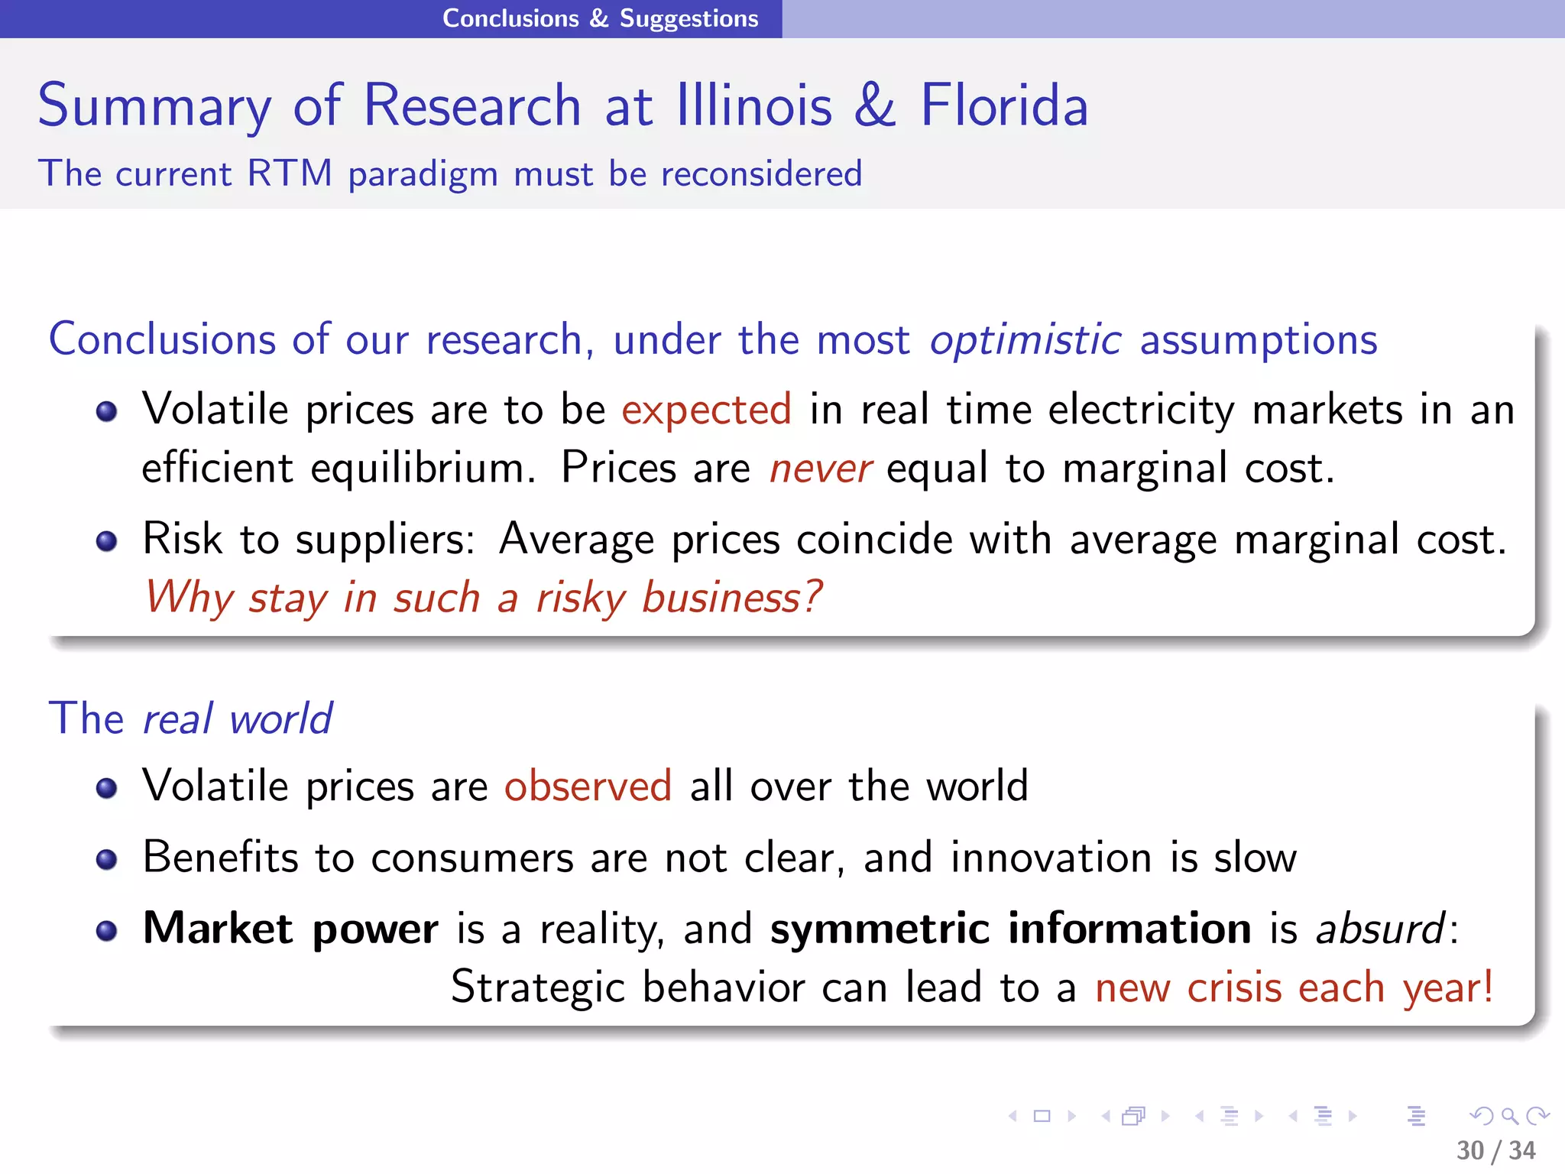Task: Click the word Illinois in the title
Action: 753,105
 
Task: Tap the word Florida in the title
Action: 1003,105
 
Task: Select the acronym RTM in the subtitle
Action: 290,174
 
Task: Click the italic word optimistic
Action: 1025,339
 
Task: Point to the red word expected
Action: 706,410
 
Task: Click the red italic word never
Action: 820,469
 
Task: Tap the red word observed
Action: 588,786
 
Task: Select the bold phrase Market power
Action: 290,929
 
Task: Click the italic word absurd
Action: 1380,929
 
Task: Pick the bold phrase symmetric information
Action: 1010,929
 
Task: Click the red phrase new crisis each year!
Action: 1294,988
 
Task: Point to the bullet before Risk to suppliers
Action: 107,542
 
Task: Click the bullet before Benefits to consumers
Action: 107,860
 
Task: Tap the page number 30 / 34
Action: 1495,1150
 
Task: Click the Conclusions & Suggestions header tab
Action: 600,18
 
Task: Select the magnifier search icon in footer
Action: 1509,1117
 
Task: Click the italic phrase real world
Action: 237,719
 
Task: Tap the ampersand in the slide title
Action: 874,105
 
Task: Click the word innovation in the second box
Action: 1051,858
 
